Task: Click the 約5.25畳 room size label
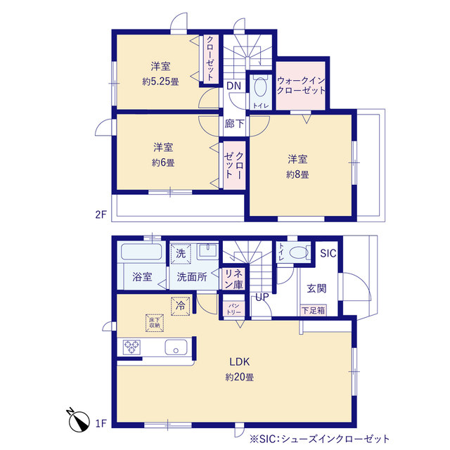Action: point(160,81)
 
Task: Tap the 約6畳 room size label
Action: point(163,162)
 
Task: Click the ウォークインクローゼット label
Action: point(301,86)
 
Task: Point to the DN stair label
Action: point(234,86)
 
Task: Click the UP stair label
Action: point(262,297)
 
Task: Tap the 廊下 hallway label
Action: point(235,124)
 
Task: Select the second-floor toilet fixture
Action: point(260,89)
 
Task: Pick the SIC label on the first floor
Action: point(328,254)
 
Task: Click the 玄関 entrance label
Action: point(316,288)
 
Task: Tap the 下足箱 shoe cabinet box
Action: point(313,310)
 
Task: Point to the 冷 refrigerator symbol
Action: point(180,307)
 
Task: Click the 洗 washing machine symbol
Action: point(181,253)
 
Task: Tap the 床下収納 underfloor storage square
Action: point(154,322)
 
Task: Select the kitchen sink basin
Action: point(175,347)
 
